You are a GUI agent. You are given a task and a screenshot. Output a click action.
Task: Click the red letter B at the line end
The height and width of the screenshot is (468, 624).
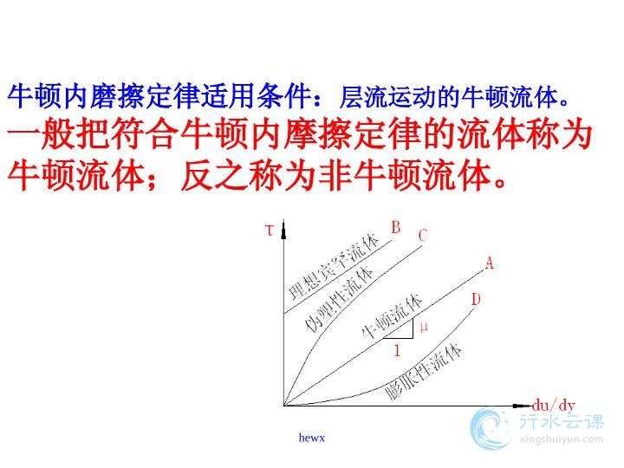click(395, 227)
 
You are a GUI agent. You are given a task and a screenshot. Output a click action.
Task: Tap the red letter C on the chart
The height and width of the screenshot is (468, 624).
click(423, 235)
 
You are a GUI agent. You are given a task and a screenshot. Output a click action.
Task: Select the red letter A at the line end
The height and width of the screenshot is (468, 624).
click(490, 263)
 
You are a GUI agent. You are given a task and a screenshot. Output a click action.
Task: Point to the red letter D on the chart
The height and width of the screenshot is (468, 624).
click(476, 299)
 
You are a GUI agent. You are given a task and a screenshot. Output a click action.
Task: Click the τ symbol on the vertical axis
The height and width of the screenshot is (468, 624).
click(270, 230)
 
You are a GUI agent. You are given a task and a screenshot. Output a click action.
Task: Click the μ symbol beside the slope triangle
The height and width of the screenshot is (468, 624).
click(424, 327)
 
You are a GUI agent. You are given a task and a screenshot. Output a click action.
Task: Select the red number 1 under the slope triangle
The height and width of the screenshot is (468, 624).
click(397, 351)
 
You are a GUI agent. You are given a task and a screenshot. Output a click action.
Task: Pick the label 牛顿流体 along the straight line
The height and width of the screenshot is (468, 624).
click(392, 316)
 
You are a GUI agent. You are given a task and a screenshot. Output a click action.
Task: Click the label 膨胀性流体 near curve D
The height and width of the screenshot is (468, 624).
click(424, 372)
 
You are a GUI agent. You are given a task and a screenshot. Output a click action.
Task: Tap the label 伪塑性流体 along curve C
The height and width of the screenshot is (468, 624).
click(339, 299)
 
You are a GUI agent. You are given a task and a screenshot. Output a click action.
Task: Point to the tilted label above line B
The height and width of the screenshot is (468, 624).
click(334, 268)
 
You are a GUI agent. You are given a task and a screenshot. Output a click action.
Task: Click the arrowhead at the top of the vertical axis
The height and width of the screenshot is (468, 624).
click(283, 230)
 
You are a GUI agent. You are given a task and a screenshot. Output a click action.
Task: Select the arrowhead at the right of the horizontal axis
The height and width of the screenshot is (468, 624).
click(522, 406)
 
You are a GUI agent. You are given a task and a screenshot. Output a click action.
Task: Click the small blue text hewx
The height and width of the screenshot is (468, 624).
click(312, 438)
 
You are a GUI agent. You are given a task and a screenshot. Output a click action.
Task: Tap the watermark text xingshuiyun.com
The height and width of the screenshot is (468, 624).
click(562, 439)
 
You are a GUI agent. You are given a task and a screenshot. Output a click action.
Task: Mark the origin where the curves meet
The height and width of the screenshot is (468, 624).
click(283, 406)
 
